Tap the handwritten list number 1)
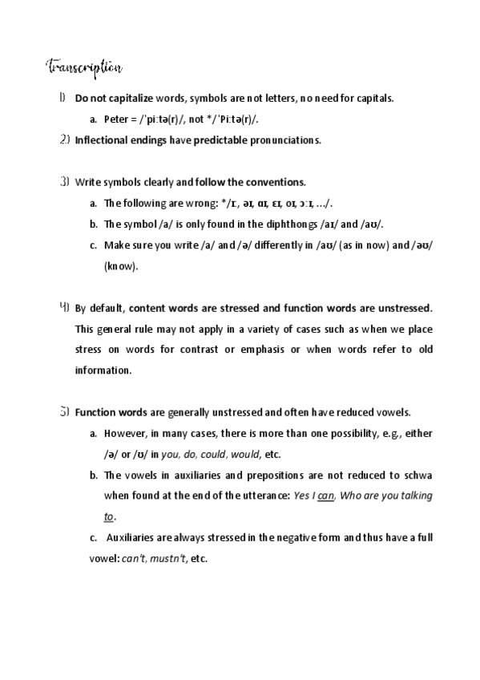pyautogui.click(x=62, y=98)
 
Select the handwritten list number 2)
pyautogui.click(x=64, y=140)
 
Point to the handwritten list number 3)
pyautogui.click(x=64, y=181)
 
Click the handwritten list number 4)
pyautogui.click(x=64, y=307)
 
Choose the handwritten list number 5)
pyautogui.click(x=64, y=412)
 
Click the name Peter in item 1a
pyautogui.click(x=116, y=119)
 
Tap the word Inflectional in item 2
pyautogui.click(x=100, y=140)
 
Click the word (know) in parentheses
pyautogui.click(x=121, y=265)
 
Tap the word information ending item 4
pyautogui.click(x=101, y=370)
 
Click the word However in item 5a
pyautogui.click(x=127, y=434)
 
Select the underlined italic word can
pyautogui.click(x=325, y=496)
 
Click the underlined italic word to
pyautogui.click(x=109, y=517)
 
